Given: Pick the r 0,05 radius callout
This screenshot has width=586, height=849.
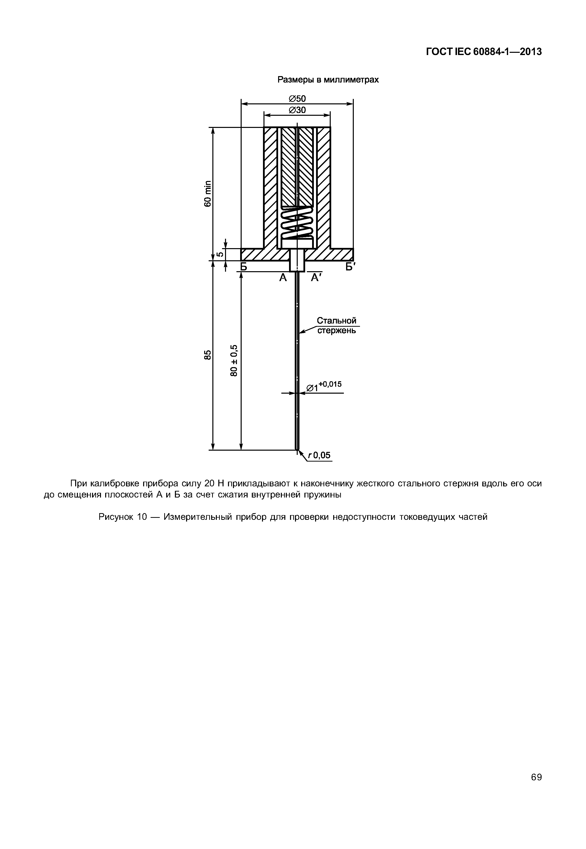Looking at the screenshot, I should [320, 455].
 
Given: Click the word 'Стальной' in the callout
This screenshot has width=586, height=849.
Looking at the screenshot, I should [336, 321].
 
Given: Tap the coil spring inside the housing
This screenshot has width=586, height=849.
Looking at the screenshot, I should [297, 222].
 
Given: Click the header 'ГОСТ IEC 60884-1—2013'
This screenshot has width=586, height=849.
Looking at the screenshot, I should [484, 52].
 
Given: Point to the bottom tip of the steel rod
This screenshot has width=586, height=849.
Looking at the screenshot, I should [297, 450].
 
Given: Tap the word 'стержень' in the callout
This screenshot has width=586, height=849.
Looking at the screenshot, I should [336, 331].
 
